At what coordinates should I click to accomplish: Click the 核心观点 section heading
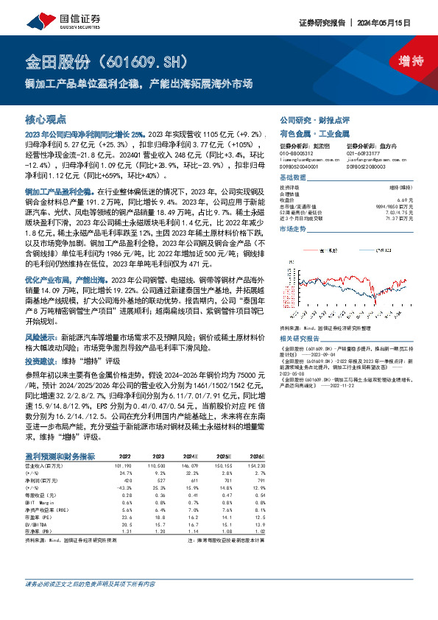click(x=46, y=119)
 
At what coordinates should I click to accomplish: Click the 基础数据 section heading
click(x=293, y=179)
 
